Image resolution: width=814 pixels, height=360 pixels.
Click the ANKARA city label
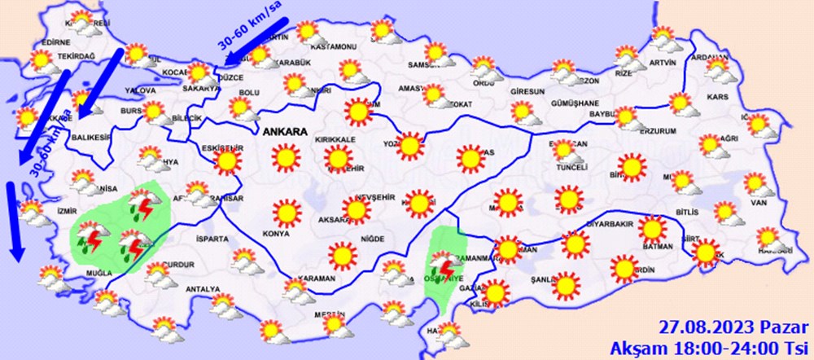pyautogui.click(x=284, y=131)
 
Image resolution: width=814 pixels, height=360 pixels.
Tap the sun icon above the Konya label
pyautogui.click(x=286, y=213)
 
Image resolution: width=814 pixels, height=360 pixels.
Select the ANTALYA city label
pyautogui.click(x=203, y=289)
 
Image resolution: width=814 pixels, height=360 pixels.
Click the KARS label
pyautogui.click(x=718, y=97)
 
